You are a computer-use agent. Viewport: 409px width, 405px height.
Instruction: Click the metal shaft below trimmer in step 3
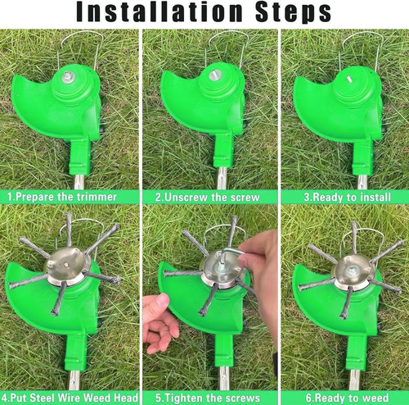(x=359, y=180)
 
